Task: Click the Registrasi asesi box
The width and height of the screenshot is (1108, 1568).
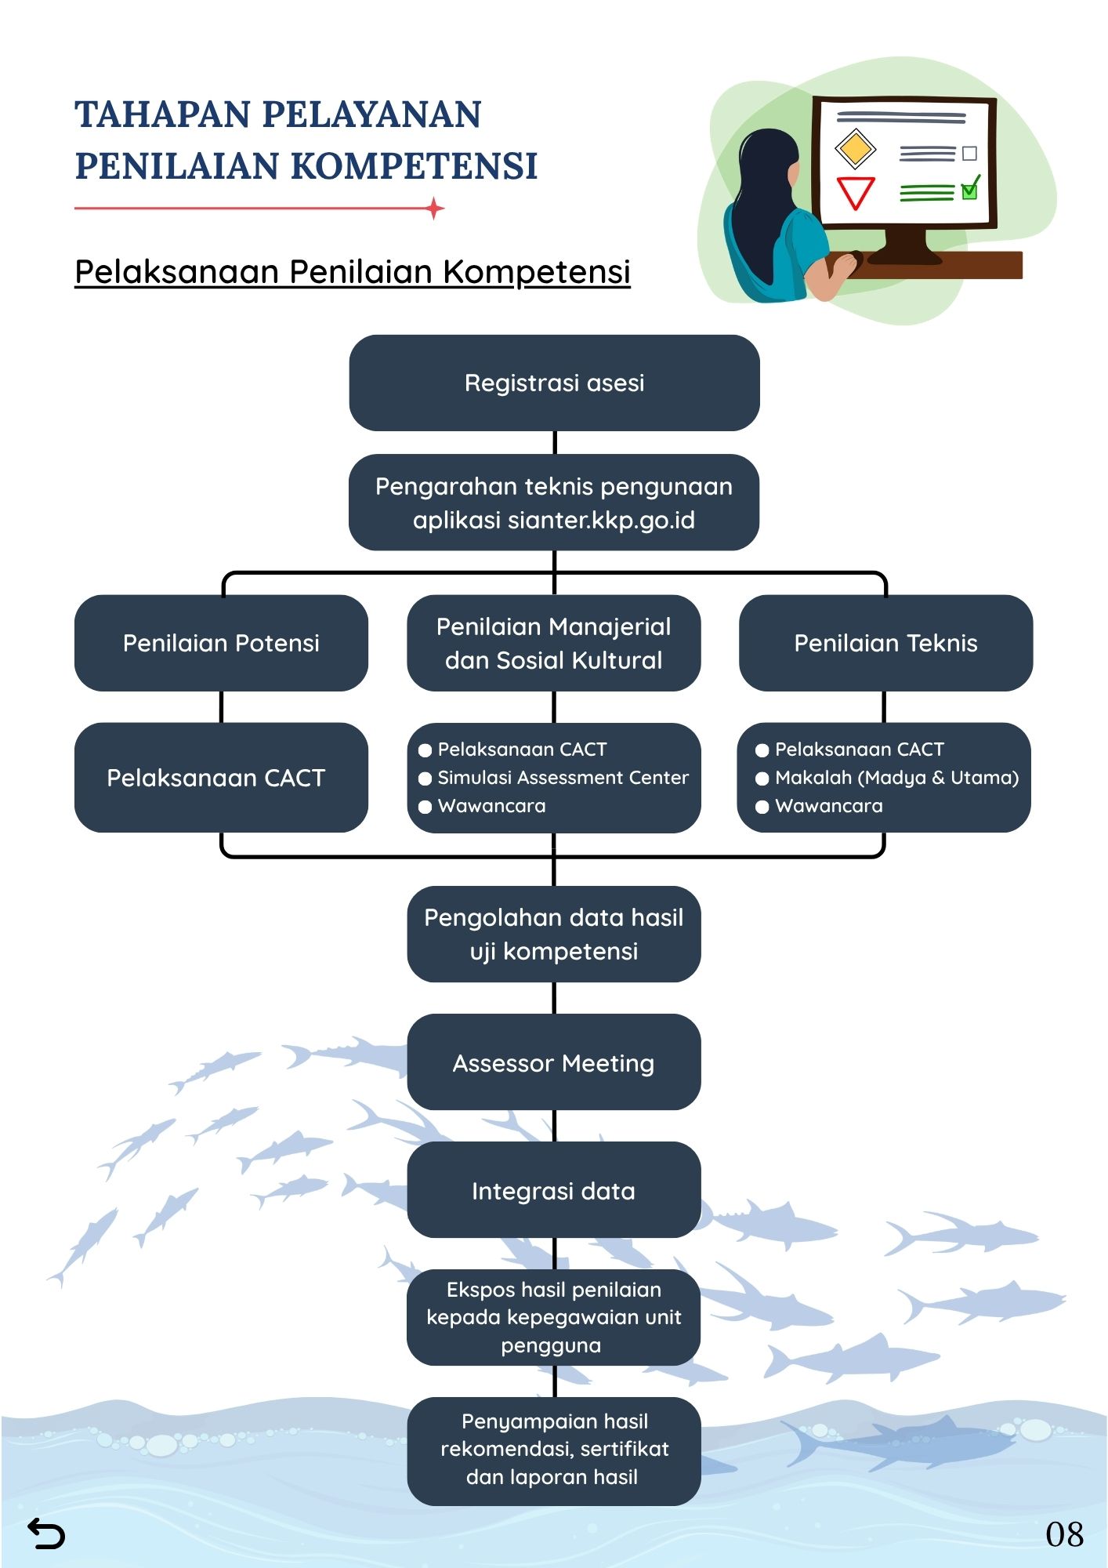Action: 554,383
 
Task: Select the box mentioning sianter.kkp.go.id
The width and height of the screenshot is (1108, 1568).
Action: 554,503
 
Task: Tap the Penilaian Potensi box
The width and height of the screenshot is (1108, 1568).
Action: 221,643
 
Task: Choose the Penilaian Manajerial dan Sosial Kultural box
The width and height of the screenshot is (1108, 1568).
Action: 554,643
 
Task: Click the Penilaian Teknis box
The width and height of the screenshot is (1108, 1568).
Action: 885,643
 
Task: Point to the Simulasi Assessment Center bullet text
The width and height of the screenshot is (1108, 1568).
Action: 563,778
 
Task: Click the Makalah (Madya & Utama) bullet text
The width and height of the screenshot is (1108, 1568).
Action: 896,778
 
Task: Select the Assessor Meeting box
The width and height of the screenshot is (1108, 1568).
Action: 554,1062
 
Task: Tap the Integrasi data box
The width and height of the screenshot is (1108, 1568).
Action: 554,1190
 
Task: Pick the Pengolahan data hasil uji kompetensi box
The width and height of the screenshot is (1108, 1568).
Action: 554,934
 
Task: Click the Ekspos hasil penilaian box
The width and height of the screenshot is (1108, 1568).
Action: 554,1317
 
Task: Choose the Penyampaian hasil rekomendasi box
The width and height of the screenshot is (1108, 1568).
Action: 554,1450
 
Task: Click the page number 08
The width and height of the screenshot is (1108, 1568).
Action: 1064,1534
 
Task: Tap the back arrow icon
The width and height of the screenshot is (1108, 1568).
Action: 46,1534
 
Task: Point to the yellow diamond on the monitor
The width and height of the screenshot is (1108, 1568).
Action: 855,148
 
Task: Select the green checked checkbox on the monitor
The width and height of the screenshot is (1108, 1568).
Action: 970,190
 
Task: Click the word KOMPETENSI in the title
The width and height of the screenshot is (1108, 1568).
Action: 415,166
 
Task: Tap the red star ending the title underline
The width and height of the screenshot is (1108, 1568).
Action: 435,209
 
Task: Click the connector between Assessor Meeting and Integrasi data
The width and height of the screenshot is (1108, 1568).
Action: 555,1126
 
